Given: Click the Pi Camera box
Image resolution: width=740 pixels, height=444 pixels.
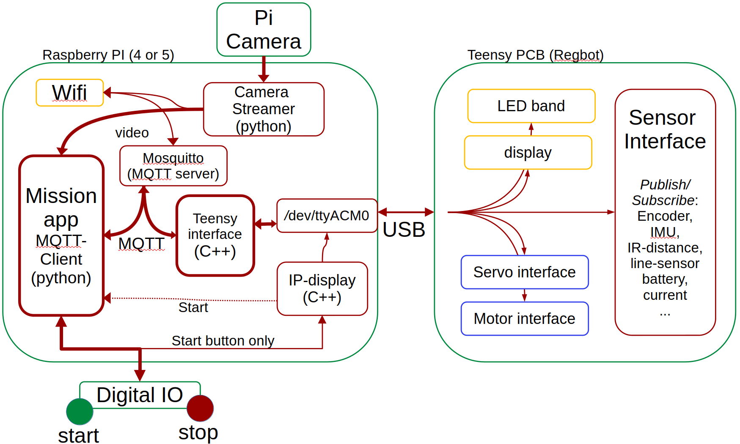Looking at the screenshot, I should tap(264, 30).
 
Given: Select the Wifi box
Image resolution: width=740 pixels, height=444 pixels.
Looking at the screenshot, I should tap(70, 93).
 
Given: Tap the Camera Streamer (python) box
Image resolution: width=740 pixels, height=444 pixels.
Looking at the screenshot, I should tap(264, 109).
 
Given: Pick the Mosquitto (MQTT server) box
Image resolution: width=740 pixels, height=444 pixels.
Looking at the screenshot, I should tap(173, 166).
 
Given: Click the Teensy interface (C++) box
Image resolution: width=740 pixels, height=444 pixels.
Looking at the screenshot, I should tap(215, 235).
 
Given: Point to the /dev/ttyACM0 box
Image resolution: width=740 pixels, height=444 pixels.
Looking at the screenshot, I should tap(327, 216).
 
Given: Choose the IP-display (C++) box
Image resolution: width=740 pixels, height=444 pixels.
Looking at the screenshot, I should tap(322, 288).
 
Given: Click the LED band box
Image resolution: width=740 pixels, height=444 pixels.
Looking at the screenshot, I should tap(531, 106).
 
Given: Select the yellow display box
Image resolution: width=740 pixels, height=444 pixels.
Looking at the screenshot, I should tap(528, 152).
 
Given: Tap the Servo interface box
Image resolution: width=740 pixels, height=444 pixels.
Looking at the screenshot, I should tap(524, 272).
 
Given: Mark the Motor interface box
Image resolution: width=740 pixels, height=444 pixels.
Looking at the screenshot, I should tap(524, 318).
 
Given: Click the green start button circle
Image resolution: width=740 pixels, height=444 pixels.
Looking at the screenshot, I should tap(80, 411).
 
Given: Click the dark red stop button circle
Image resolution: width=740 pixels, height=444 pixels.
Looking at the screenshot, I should tap(200, 408).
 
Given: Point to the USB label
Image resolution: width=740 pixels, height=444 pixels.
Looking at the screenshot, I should tap(404, 230).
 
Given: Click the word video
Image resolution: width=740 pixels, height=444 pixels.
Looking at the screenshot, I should tap(132, 133).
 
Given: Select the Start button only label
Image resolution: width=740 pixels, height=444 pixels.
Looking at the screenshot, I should tap(223, 340).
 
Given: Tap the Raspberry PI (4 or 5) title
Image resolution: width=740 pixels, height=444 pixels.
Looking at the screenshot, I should tap(108, 55).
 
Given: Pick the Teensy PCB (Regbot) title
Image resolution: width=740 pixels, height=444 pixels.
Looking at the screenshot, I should tap(535, 55).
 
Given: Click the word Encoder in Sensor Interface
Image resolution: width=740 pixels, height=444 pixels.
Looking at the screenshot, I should tap(665, 216).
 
